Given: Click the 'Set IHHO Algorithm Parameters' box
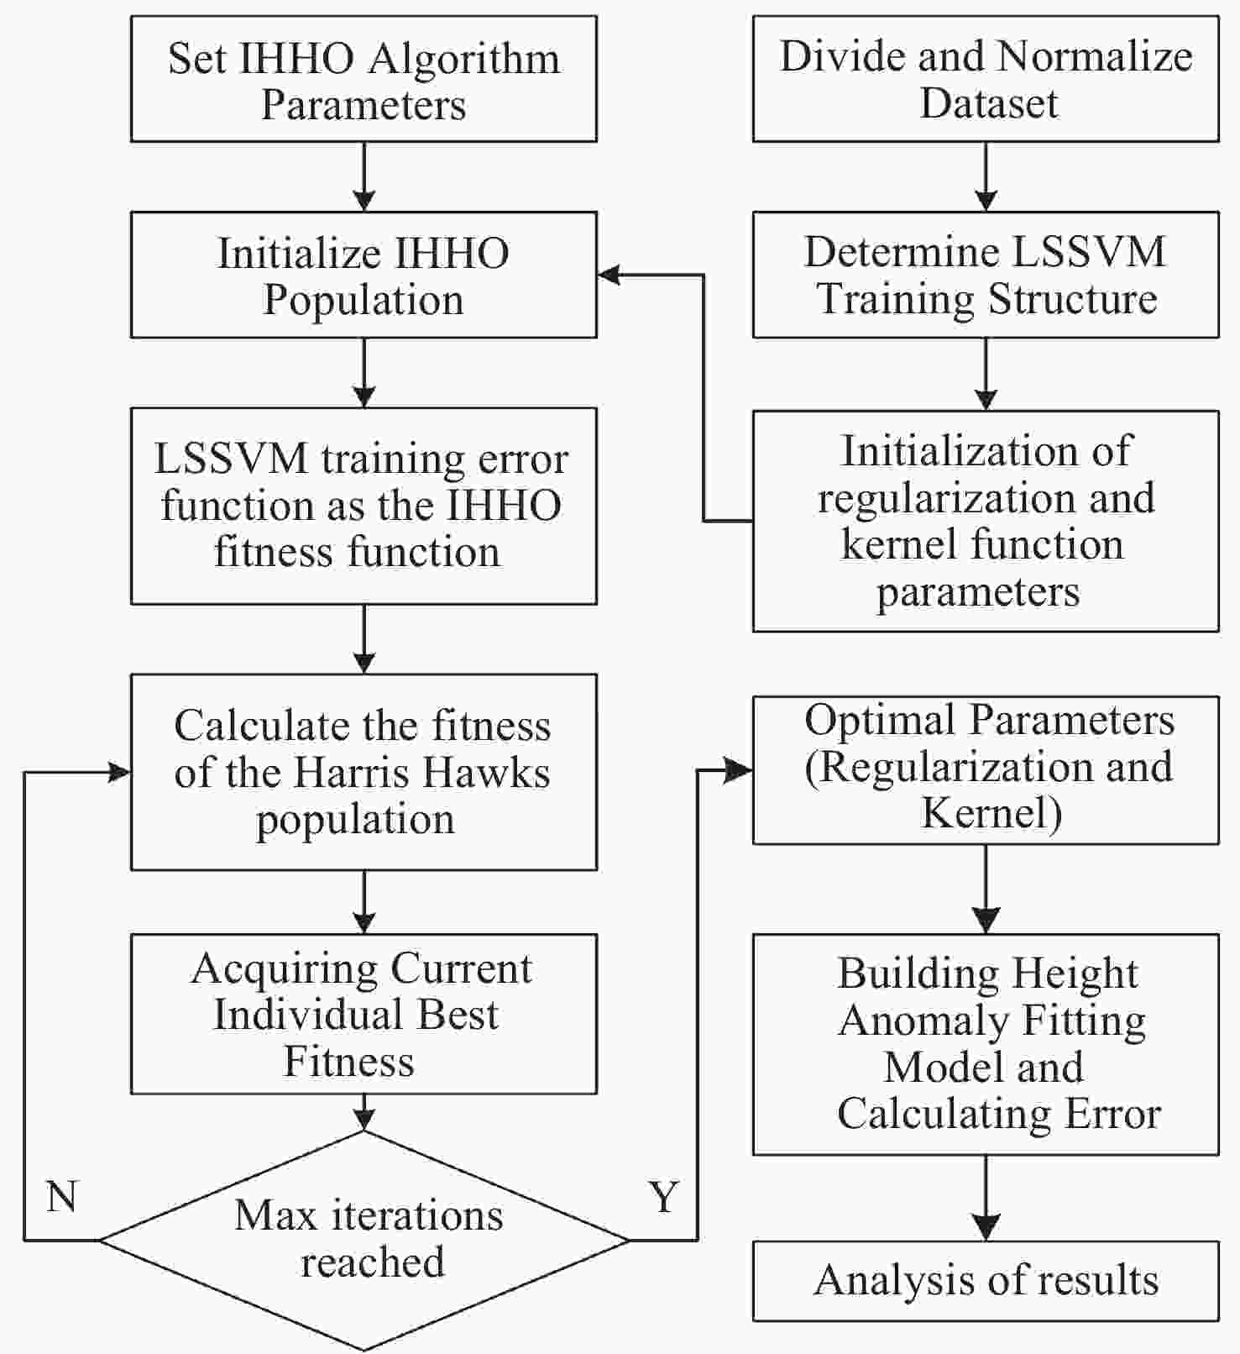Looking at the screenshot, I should click(364, 79).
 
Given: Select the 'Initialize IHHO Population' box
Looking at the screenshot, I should click(364, 275).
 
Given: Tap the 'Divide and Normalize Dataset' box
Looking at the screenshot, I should click(986, 79).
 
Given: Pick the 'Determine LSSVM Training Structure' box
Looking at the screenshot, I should click(986, 275).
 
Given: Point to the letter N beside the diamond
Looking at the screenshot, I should click(62, 1196).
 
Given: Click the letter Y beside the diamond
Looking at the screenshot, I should click(663, 1196).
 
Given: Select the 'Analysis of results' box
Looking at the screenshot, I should click(986, 1281).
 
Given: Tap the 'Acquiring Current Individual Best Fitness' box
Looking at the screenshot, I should click(364, 1014).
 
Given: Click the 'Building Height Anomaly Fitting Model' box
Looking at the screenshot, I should click(986, 1044).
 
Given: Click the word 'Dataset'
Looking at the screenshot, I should click(989, 103).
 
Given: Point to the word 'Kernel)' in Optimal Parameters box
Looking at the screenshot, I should click(991, 813).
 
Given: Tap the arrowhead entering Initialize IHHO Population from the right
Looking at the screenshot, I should click(609, 275).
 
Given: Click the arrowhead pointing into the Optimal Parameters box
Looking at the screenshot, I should click(740, 770).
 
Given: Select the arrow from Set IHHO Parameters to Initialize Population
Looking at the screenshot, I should click(364, 176).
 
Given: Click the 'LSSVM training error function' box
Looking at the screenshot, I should click(364, 506).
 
